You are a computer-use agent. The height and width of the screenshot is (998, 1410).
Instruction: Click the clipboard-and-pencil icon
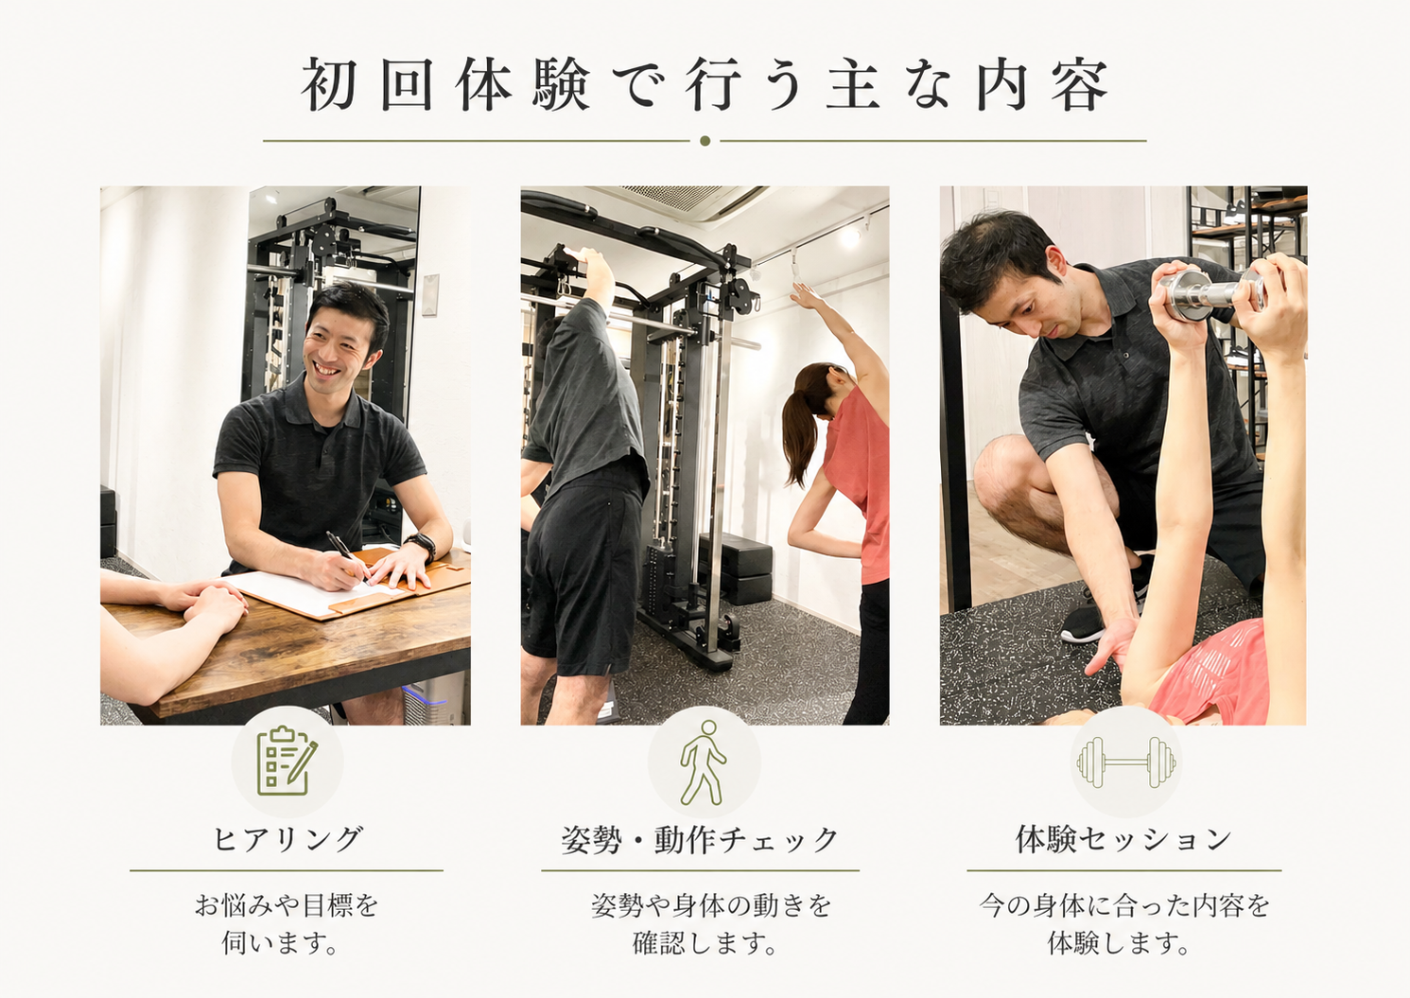(x=287, y=761)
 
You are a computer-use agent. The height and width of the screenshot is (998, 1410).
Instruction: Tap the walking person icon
(x=704, y=762)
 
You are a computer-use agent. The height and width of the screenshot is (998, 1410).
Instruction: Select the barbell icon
(x=1125, y=762)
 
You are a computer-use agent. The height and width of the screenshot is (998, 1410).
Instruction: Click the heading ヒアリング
(x=288, y=839)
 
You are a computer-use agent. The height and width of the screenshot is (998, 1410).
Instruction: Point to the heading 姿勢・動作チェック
(x=700, y=839)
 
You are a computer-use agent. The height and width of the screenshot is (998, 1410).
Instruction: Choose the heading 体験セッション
(x=1124, y=839)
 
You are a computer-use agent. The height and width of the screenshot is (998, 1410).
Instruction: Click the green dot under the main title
(x=705, y=141)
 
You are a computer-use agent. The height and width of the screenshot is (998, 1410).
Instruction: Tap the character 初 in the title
(x=329, y=85)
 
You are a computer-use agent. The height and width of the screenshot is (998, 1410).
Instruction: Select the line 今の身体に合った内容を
(x=1124, y=906)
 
